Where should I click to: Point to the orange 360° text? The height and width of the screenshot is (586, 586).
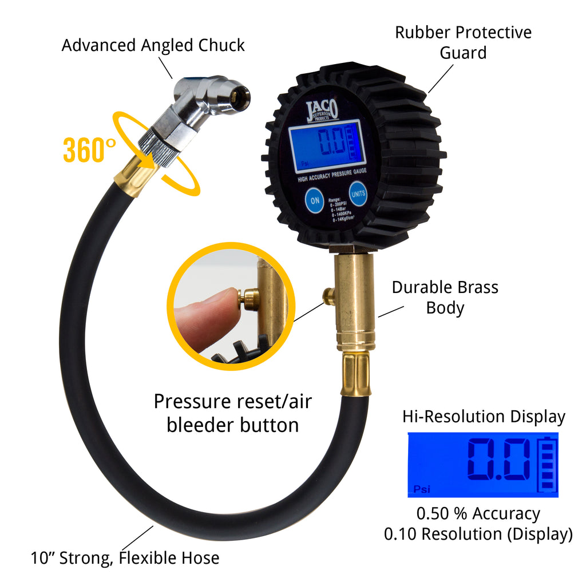89,150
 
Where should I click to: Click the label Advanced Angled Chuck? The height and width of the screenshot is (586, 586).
153,45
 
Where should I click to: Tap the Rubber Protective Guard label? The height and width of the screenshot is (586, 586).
463,42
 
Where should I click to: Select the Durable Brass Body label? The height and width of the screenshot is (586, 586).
445,297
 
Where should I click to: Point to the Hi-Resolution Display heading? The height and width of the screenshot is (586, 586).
484,416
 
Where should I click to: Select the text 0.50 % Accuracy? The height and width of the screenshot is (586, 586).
478,513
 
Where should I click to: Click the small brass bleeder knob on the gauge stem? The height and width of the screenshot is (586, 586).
328,295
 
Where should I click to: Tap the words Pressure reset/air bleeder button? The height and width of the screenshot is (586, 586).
232,413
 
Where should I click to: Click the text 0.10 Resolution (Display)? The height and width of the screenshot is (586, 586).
478,534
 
